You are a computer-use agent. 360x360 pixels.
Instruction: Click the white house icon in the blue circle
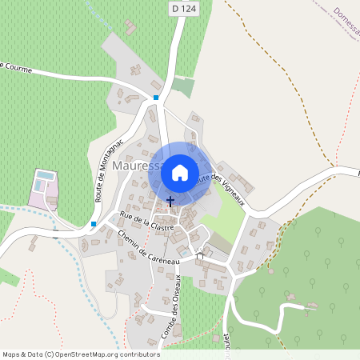(180, 172)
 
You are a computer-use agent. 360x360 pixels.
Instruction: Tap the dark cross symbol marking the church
(170, 201)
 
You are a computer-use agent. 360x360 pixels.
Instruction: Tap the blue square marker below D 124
(156, 98)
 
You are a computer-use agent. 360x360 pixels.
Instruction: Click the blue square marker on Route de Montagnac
(94, 224)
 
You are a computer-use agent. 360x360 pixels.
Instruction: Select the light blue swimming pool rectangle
(46, 174)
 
